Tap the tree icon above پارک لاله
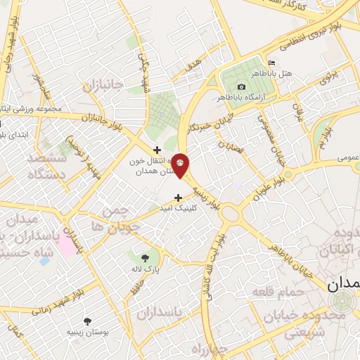coord(145,257)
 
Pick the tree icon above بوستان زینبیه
coord(87,321)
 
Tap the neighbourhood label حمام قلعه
coord(285,291)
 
